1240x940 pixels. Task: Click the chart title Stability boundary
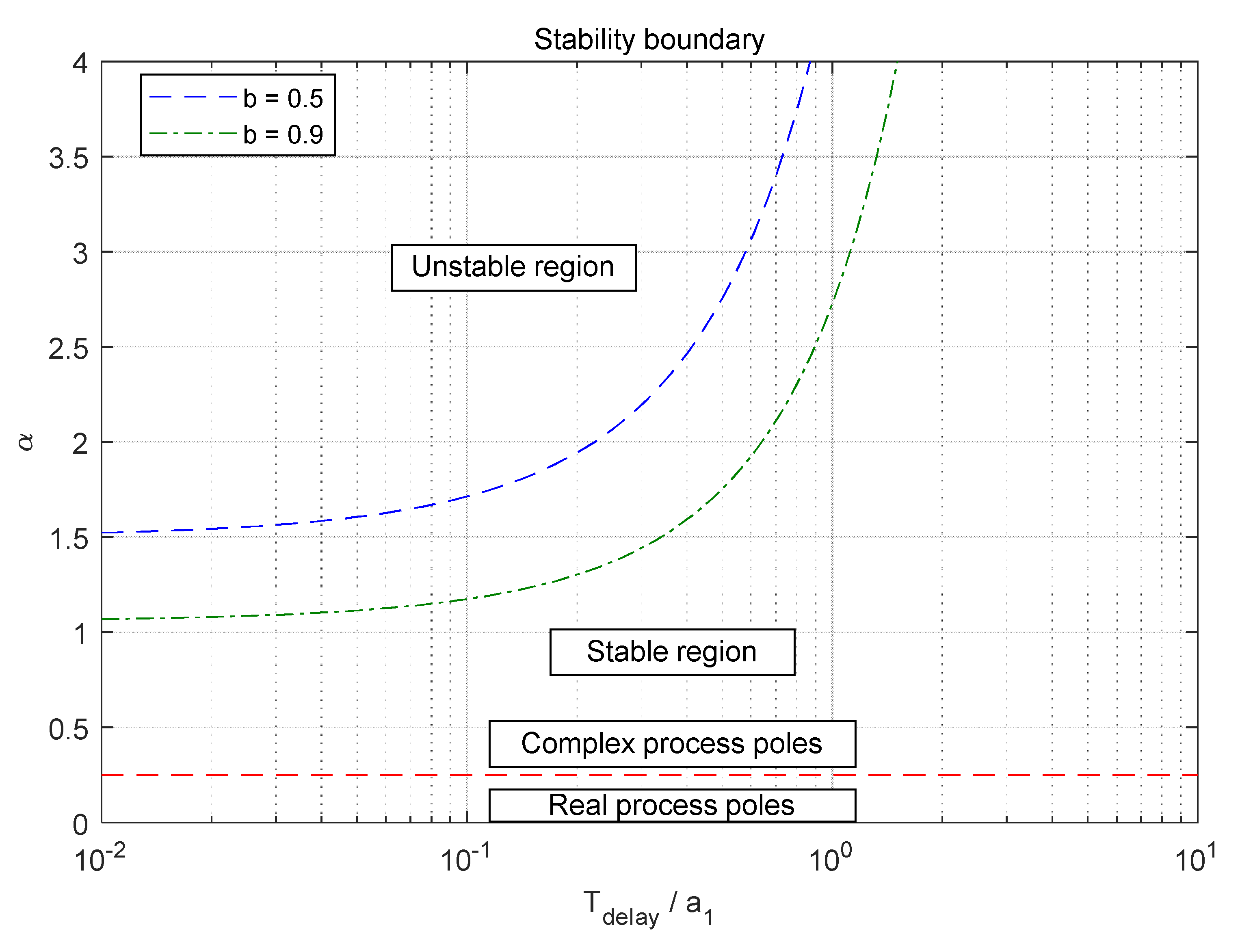pyautogui.click(x=649, y=40)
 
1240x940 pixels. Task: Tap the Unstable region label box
pyautogui.click(x=513, y=267)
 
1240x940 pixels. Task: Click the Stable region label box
pyautogui.click(x=671, y=652)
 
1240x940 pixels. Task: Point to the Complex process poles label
pyautogui.click(x=671, y=744)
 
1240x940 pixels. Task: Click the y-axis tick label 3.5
pyautogui.click(x=68, y=158)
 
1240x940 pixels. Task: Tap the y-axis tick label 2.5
pyautogui.click(x=68, y=349)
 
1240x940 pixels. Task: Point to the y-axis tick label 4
pyautogui.click(x=80, y=63)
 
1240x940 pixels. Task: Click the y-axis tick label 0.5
pyautogui.click(x=68, y=729)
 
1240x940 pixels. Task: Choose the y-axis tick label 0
pyautogui.click(x=80, y=825)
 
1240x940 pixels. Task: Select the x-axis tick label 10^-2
pyautogui.click(x=99, y=859)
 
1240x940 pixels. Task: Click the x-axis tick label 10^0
pyautogui.click(x=830, y=859)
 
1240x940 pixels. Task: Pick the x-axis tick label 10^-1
pyautogui.click(x=465, y=859)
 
